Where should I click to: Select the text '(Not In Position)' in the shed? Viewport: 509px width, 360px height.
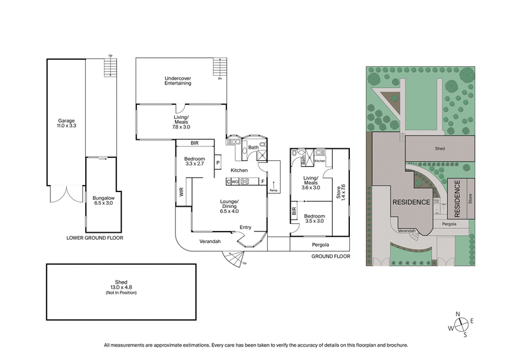coord(122,293)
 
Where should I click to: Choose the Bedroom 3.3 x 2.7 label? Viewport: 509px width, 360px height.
coord(194,162)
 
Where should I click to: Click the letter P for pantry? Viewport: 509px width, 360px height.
coord(218,163)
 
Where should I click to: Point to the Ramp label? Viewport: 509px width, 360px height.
coord(274,190)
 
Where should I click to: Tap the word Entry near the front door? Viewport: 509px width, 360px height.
coord(245,227)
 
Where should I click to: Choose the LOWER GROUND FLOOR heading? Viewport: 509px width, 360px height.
coord(94,238)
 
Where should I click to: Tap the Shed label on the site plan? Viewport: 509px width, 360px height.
coord(440,149)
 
